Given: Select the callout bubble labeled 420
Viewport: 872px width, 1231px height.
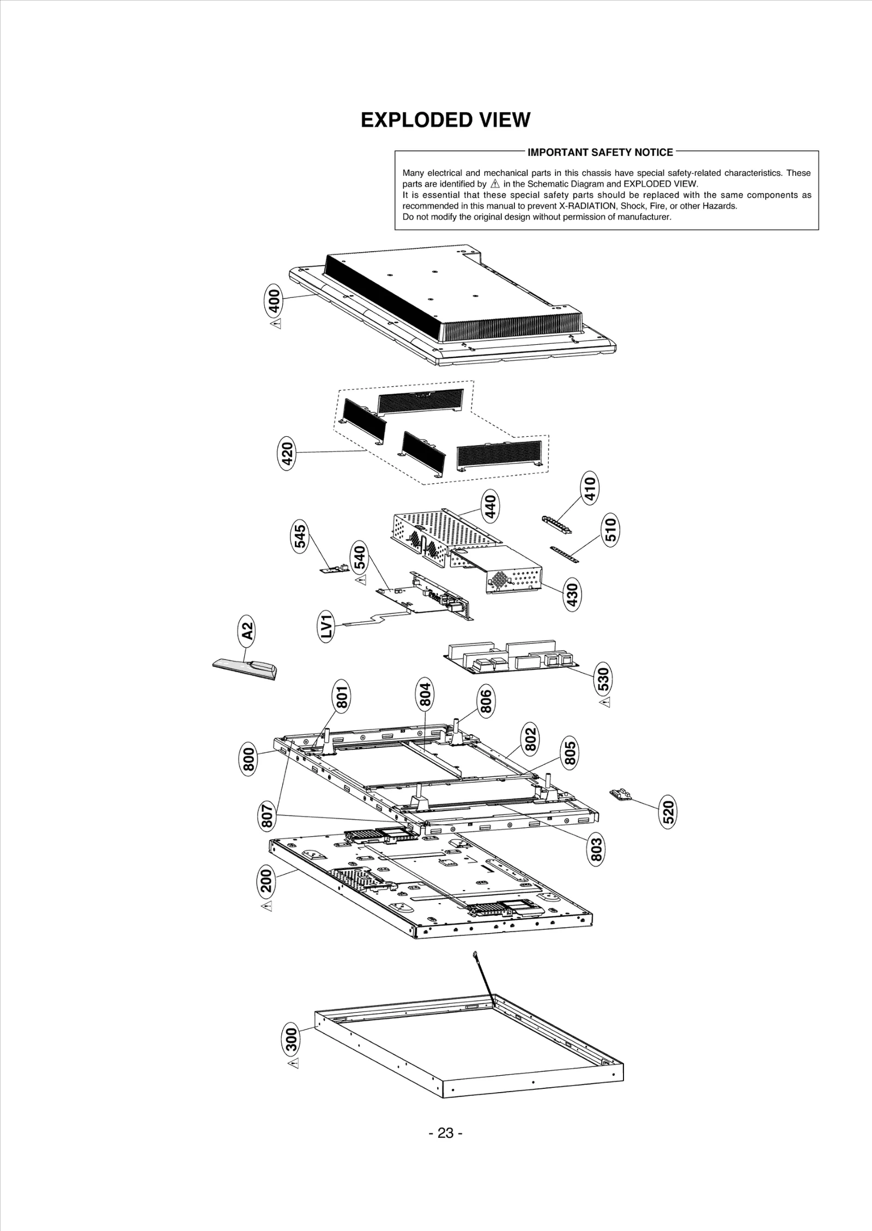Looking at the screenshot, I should [287, 454].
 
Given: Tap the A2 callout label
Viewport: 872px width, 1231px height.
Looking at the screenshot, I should [247, 631].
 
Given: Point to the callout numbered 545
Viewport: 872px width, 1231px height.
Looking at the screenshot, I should [300, 537].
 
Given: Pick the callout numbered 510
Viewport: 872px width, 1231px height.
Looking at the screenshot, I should [611, 529].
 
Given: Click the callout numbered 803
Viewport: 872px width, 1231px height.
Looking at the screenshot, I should [597, 849].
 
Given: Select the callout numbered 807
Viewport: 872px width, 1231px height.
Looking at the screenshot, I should [267, 830].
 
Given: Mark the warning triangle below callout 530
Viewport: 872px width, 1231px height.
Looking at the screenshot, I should [604, 704].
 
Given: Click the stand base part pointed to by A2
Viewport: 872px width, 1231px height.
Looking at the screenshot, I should [245, 667].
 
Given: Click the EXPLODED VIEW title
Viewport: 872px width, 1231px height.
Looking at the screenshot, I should [445, 120].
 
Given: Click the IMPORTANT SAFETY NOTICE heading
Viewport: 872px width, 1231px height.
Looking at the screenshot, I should [600, 153].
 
